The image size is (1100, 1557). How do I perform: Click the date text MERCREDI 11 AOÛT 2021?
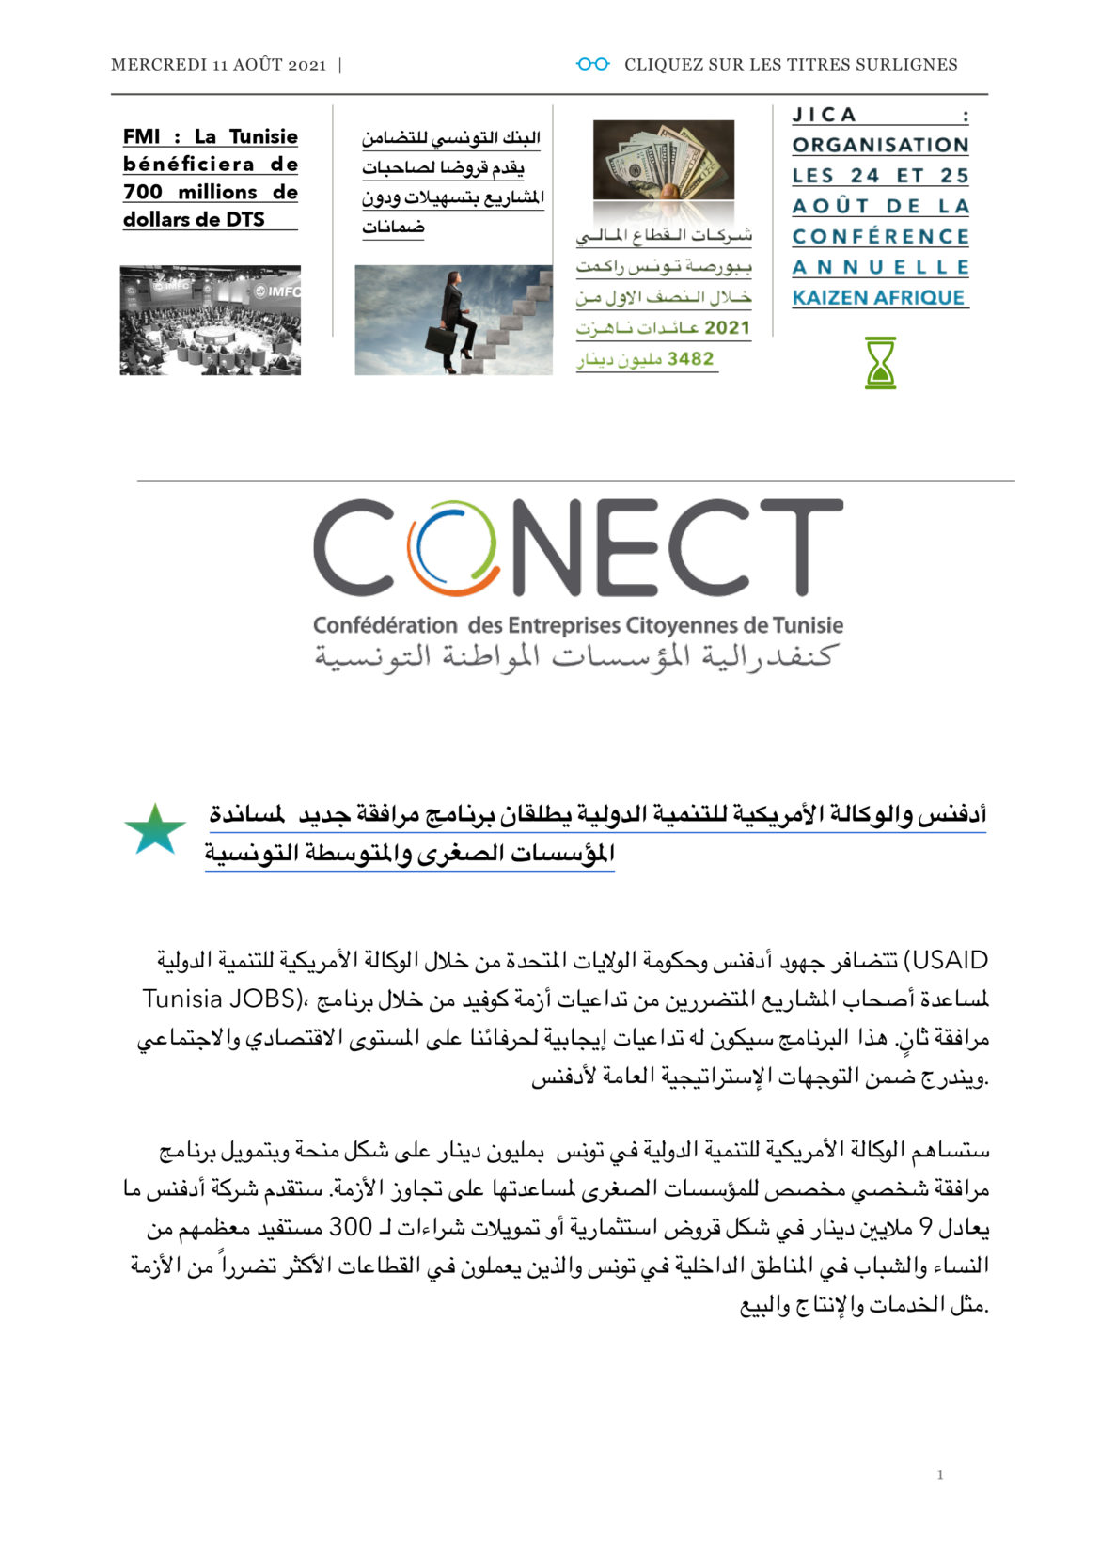pos(218,65)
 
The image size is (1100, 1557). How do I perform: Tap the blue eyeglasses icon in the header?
pos(592,64)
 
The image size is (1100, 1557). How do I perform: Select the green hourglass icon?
pos(880,363)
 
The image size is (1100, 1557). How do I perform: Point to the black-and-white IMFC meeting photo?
pos(211,321)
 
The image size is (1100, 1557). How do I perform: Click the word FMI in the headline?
pos(141,136)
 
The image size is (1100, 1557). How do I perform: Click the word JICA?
pos(825,115)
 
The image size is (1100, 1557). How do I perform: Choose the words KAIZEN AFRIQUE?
pos(879,298)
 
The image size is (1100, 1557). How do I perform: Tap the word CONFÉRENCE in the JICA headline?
pos(880,237)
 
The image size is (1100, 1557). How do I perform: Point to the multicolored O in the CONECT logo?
pos(452,550)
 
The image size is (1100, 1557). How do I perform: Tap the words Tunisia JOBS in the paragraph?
pos(220,999)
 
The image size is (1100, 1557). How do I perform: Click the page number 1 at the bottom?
pos(940,1475)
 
